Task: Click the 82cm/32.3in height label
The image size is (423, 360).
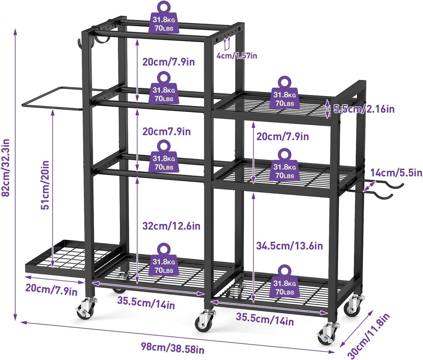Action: (6, 168)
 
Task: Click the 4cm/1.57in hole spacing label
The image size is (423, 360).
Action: (237, 56)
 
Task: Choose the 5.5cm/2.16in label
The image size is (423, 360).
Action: (364, 109)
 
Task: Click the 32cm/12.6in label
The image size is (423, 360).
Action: (171, 226)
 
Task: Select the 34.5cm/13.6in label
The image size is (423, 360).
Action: (289, 246)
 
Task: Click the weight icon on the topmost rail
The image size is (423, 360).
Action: (164, 18)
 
